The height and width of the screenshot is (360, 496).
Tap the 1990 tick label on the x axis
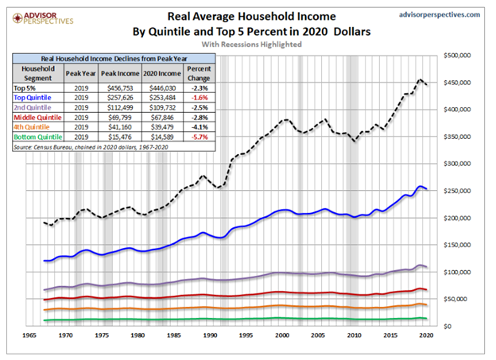pyautogui.click(x=209, y=336)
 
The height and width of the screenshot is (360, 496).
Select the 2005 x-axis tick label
pyautogui.click(x=317, y=336)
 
